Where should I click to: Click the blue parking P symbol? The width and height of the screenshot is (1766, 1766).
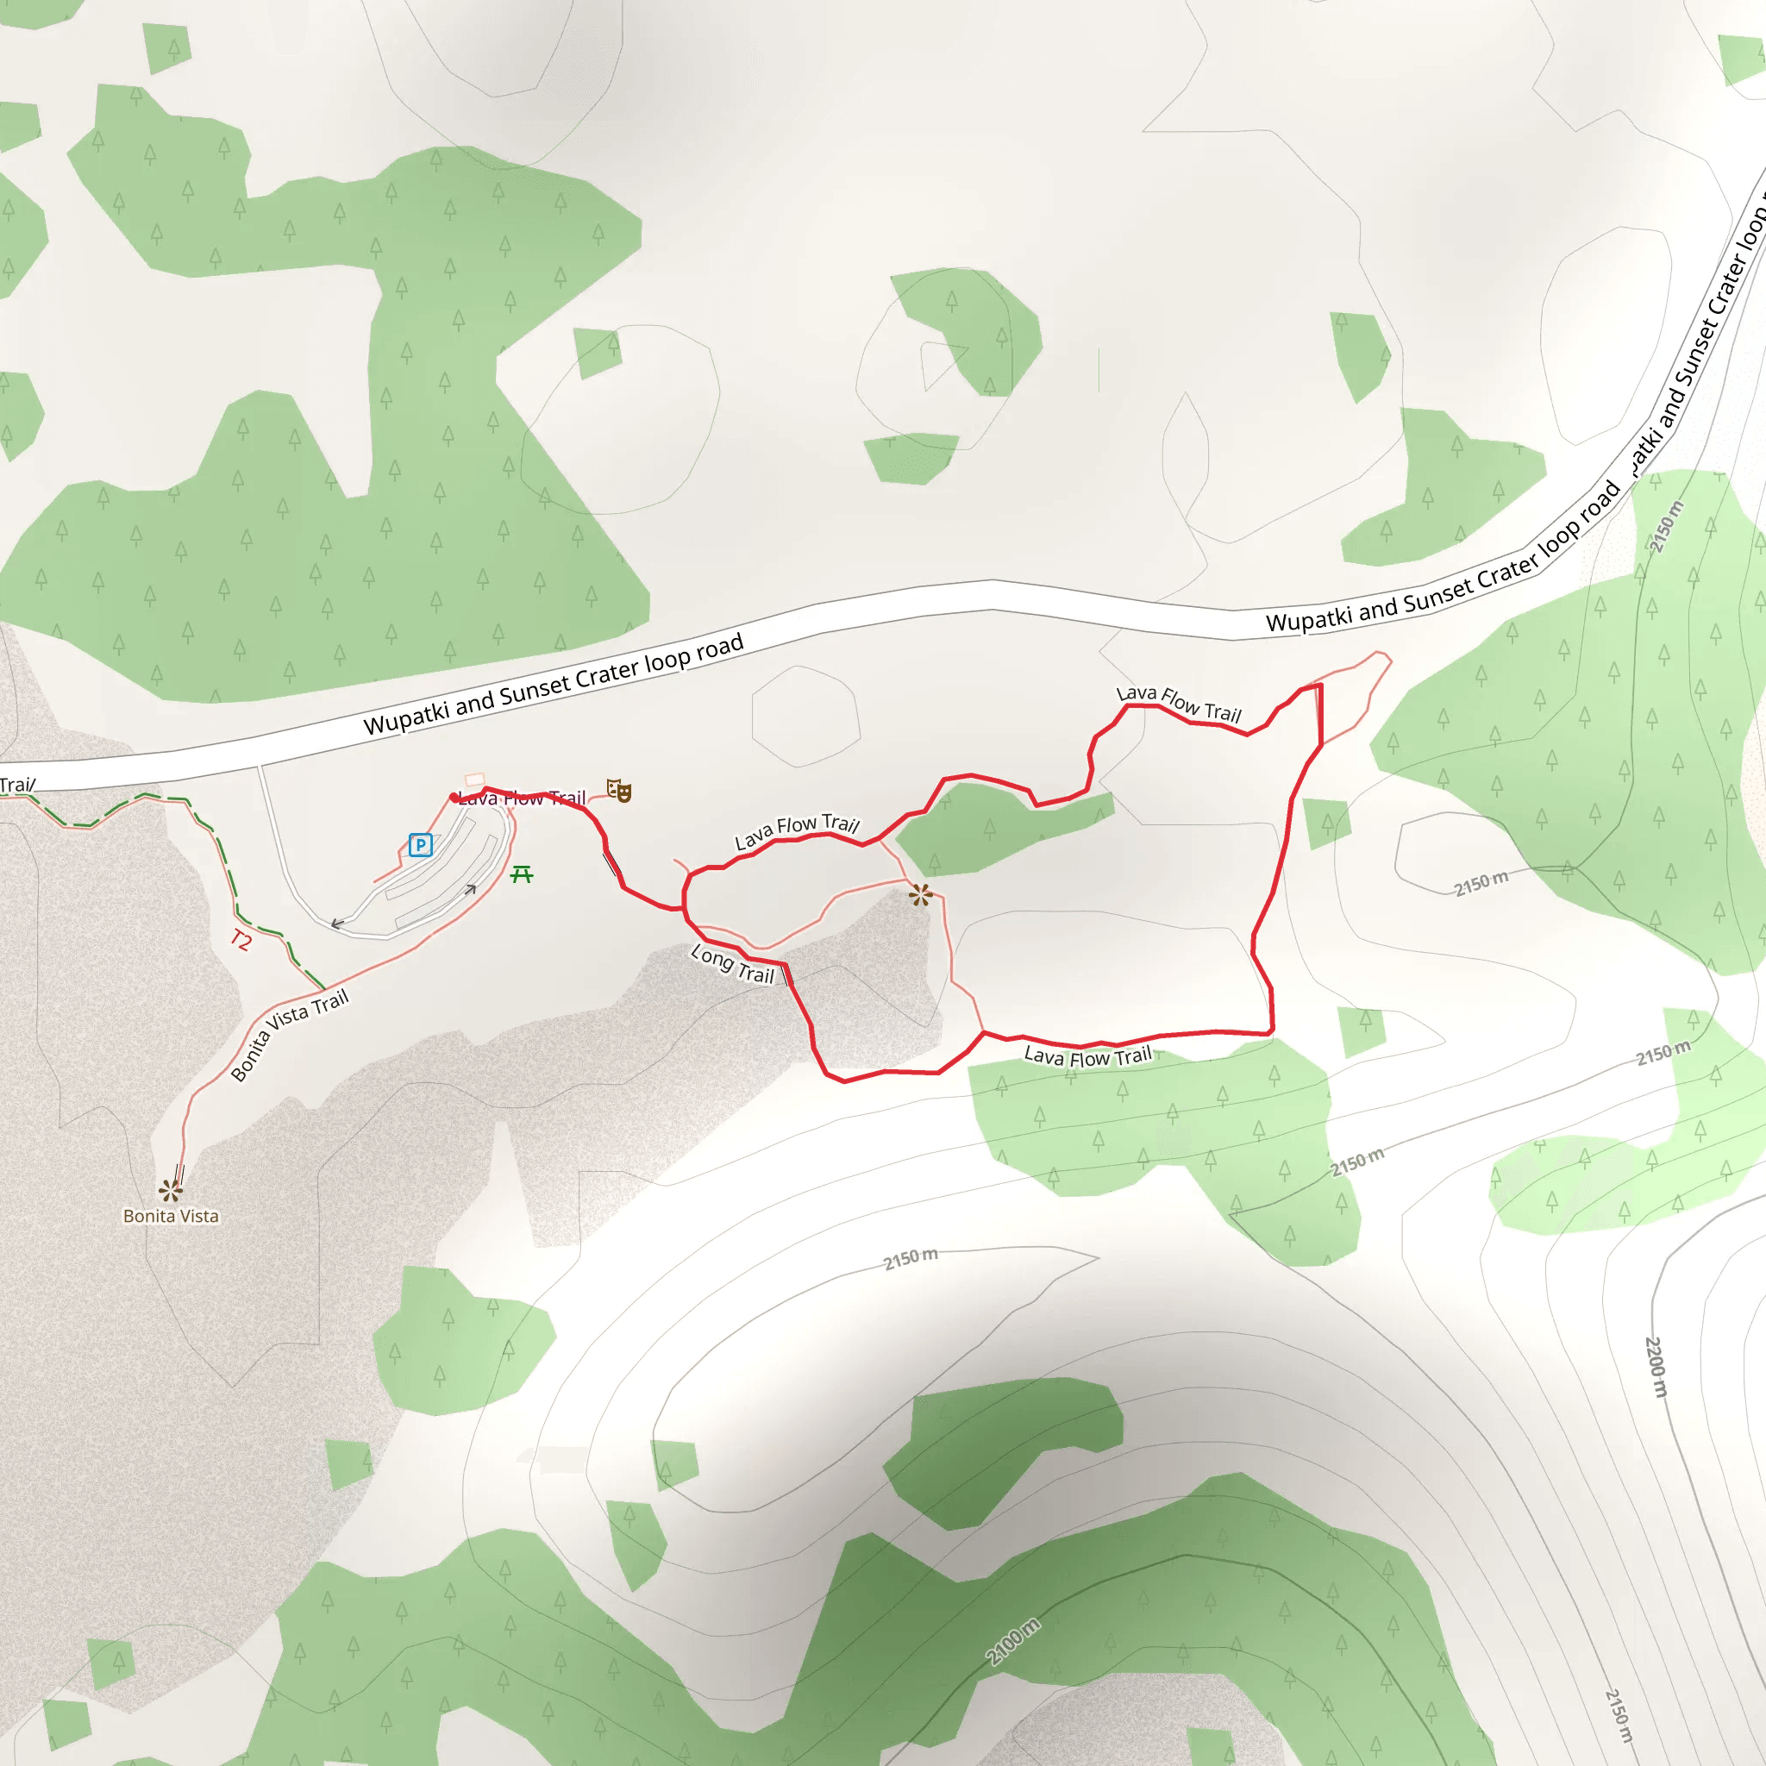[x=421, y=844]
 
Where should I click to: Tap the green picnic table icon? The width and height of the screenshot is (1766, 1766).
[x=522, y=874]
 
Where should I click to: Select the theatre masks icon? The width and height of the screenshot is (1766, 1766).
[x=619, y=791]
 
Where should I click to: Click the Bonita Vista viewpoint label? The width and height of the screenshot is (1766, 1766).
[x=171, y=1216]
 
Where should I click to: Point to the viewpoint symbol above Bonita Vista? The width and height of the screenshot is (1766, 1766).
[x=171, y=1189]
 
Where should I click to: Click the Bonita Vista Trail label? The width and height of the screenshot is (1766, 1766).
[x=289, y=1035]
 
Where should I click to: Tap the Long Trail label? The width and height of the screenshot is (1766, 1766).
[x=732, y=964]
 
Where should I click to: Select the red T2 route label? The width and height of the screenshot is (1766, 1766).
[x=241, y=940]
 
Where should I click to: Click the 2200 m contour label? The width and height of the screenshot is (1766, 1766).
[x=1656, y=1367]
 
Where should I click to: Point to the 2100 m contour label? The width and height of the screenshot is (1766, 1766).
[x=1013, y=1642]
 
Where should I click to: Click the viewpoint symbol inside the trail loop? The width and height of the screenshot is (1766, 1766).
[x=920, y=895]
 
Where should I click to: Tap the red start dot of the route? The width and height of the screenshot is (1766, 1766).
[x=454, y=798]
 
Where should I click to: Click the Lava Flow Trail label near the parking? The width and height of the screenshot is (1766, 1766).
[x=522, y=798]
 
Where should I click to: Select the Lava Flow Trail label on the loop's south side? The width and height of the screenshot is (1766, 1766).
[x=1087, y=1057]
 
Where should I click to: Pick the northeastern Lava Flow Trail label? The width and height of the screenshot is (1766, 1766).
[x=1179, y=703]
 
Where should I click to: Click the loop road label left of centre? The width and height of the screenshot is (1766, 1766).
[x=553, y=684]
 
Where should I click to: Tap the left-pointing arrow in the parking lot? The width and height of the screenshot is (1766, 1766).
[x=337, y=924]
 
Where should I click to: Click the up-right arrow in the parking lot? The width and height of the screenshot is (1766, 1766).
[x=471, y=888]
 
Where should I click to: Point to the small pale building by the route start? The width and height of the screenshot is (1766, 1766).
[x=474, y=780]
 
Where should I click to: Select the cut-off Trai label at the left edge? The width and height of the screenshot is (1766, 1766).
[x=16, y=786]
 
